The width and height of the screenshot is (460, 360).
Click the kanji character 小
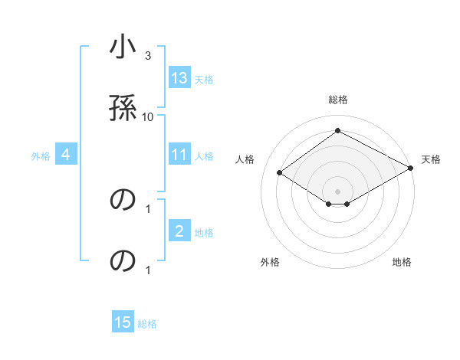click(123, 48)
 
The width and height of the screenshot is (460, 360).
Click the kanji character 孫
click(123, 106)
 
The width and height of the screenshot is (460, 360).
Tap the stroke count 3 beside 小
click(148, 55)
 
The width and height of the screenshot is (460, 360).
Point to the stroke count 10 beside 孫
click(148, 116)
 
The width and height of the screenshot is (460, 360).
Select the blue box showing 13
click(179, 78)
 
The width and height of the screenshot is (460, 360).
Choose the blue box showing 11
click(179, 155)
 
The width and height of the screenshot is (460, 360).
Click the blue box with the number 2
click(179, 231)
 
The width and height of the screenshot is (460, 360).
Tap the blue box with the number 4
click(66, 155)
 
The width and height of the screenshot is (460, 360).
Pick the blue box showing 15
click(123, 322)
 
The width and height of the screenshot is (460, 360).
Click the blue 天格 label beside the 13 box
click(204, 80)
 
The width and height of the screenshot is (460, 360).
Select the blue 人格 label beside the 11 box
click(204, 156)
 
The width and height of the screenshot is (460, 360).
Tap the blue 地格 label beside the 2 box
click(204, 233)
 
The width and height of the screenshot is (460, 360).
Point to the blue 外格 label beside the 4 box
click(41, 156)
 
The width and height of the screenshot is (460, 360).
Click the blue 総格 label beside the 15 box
click(147, 324)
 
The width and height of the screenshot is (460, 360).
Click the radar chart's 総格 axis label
click(337, 100)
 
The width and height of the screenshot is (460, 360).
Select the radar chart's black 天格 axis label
click(431, 159)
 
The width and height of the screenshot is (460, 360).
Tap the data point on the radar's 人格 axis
click(280, 173)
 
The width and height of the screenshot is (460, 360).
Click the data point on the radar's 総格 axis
click(337, 131)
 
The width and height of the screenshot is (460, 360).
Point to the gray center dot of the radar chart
click(337, 191)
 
